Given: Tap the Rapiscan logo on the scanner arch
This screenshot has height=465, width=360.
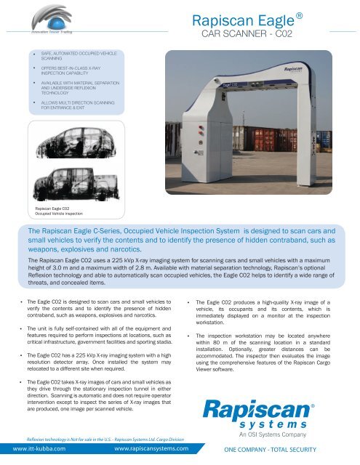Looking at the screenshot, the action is (x=294, y=71).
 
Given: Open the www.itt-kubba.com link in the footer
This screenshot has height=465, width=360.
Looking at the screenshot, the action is (x=41, y=450).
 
